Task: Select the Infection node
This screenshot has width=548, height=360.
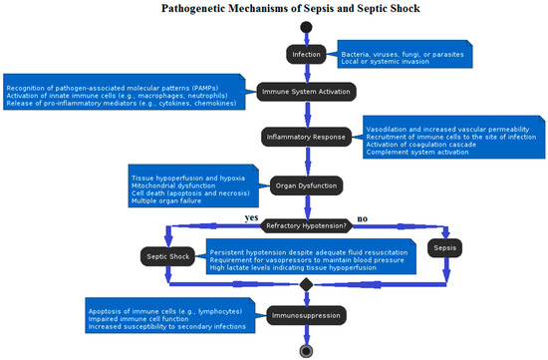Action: (x=307, y=53)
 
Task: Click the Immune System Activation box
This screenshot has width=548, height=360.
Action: (x=307, y=91)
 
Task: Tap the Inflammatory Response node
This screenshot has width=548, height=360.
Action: (x=306, y=136)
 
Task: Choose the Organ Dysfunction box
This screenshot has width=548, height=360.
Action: (x=307, y=184)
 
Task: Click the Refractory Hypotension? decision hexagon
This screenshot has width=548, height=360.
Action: (x=306, y=225)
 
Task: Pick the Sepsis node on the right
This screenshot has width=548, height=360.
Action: (x=445, y=246)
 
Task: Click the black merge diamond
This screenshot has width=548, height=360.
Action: (x=307, y=285)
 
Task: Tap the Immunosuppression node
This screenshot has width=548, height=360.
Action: (x=306, y=316)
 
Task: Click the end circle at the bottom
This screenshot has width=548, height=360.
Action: (x=306, y=350)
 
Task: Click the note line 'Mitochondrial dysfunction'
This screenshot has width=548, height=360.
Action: (x=173, y=185)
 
